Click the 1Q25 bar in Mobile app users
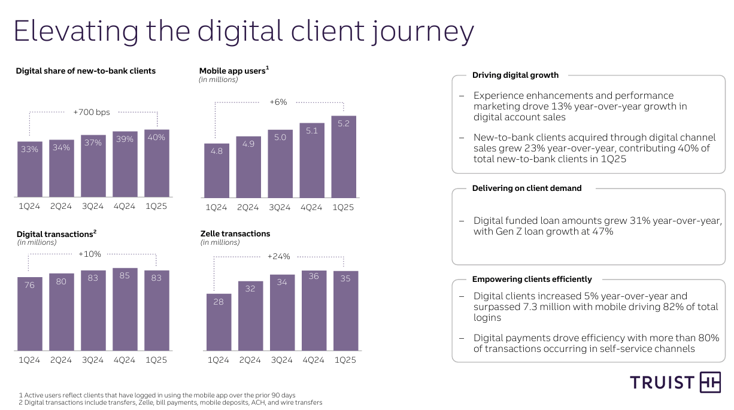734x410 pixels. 344,157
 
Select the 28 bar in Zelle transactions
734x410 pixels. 219,322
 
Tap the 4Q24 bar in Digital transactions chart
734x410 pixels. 125,309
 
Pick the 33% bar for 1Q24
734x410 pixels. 29,169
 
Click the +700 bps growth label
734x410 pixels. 91,112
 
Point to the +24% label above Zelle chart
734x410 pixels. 278,257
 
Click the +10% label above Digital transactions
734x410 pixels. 90,254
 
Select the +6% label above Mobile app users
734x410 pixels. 278,102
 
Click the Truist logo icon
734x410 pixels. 710,382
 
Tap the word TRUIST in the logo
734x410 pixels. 662,383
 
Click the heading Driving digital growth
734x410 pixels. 515,75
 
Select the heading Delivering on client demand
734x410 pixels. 527,188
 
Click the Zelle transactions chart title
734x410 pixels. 235,233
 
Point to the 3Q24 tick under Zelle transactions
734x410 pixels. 282,360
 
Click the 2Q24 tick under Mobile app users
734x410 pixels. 248,208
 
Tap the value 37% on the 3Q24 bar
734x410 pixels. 93,143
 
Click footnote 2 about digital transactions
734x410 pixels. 171,403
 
